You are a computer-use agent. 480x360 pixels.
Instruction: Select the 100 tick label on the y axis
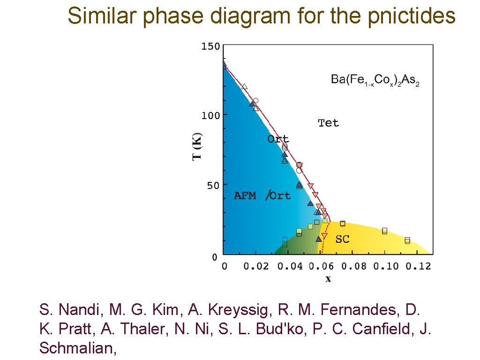[210, 116]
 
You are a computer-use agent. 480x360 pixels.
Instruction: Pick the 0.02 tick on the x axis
[256, 266]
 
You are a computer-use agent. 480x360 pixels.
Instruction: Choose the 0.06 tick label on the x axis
[322, 266]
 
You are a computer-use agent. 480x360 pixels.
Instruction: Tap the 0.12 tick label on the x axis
[418, 266]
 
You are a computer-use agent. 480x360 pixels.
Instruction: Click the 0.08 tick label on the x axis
[354, 266]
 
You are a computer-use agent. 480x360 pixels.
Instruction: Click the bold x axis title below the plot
[328, 279]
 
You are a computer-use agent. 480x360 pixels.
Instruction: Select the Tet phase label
[328, 123]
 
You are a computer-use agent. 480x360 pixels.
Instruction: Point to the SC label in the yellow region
[342, 239]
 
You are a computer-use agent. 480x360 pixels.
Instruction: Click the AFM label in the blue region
[245, 196]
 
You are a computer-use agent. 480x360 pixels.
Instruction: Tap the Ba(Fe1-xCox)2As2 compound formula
[375, 80]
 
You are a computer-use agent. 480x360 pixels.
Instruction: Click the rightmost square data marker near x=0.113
[407, 240]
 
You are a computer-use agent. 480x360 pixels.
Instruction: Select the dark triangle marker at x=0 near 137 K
[224, 64]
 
